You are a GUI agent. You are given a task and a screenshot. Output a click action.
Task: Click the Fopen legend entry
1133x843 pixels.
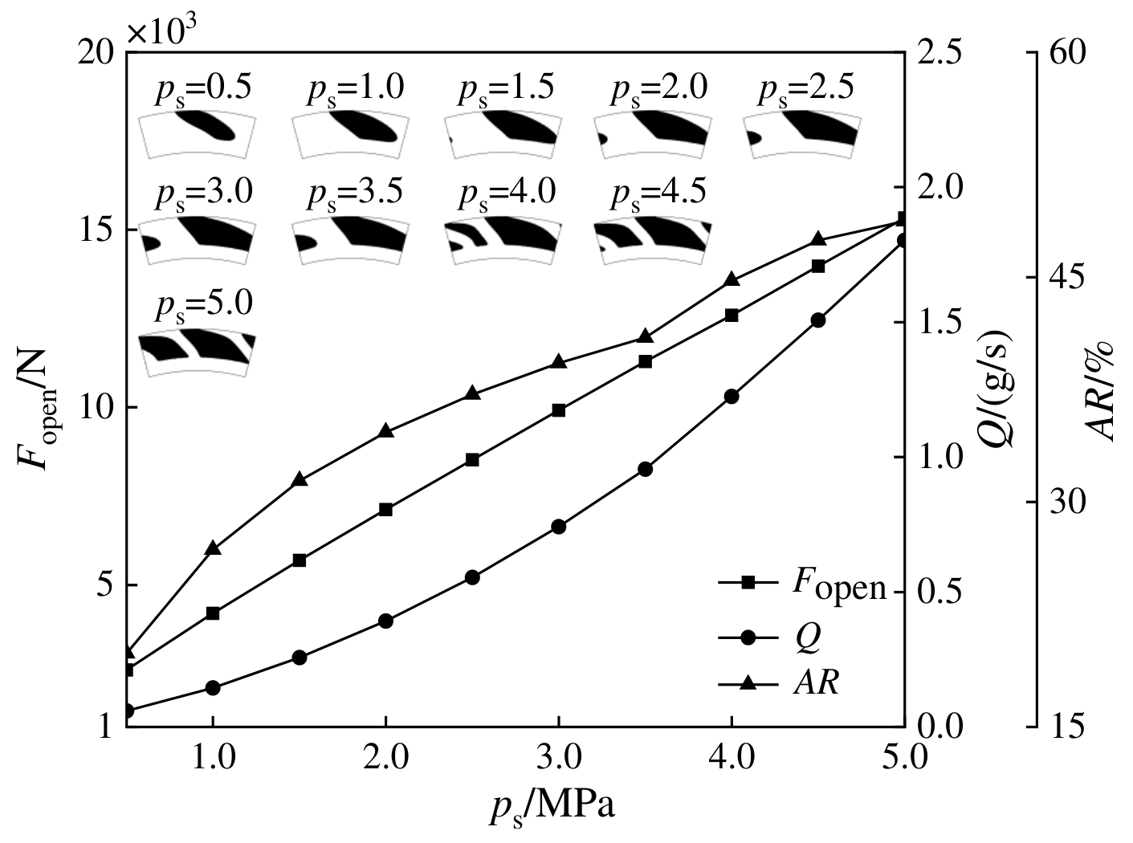point(803,586)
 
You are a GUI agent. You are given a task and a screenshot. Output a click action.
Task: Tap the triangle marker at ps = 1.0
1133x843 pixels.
point(213,548)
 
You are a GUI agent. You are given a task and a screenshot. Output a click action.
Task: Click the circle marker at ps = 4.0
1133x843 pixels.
point(732,396)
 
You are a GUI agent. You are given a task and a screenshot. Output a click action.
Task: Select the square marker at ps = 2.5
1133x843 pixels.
point(472,459)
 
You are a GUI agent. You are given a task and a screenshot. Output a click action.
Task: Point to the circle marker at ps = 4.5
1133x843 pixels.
point(818,320)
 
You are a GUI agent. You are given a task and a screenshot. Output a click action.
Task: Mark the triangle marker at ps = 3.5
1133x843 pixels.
point(646,336)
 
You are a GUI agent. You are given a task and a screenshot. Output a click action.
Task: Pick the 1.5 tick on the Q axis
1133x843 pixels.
point(936,322)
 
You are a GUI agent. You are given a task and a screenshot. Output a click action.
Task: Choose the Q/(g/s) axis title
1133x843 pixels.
point(1000,389)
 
